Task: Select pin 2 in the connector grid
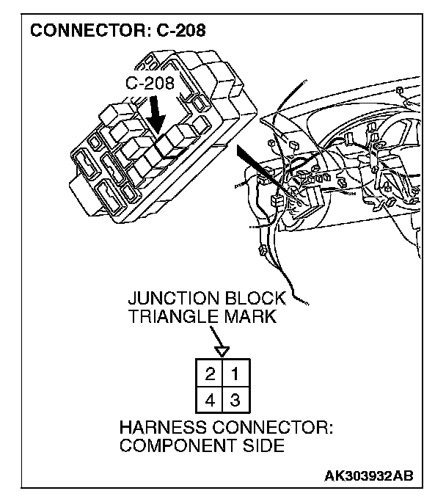click(210, 374)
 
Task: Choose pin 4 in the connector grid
click(210, 401)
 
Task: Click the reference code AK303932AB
click(369, 475)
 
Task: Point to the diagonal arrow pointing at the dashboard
click(252, 162)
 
